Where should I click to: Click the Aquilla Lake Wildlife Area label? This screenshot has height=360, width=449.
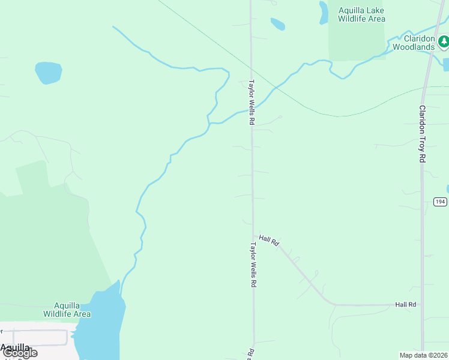pos(361,14)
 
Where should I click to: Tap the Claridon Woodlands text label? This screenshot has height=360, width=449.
pos(414,43)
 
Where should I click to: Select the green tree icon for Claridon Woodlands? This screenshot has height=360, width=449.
pos(443,41)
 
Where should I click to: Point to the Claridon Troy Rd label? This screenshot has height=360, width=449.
pos(422,134)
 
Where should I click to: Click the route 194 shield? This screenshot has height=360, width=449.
pos(441,202)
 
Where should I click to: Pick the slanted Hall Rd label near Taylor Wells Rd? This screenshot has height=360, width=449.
pos(270,240)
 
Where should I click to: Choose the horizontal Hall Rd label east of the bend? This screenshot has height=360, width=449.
pos(406,305)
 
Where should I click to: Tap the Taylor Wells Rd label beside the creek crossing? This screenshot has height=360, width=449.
pos(252,103)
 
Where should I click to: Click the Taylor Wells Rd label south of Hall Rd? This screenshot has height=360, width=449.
pos(253,265)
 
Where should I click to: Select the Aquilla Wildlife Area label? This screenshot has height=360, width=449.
pos(67,310)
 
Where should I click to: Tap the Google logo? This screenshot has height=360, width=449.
pos(19,353)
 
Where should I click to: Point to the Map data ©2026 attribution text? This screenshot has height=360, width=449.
pos(424,355)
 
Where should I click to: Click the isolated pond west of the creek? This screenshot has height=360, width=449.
pos(49,73)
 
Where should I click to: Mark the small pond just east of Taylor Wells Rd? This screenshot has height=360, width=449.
pos(277,24)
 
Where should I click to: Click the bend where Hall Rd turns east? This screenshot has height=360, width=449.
pos(330,303)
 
